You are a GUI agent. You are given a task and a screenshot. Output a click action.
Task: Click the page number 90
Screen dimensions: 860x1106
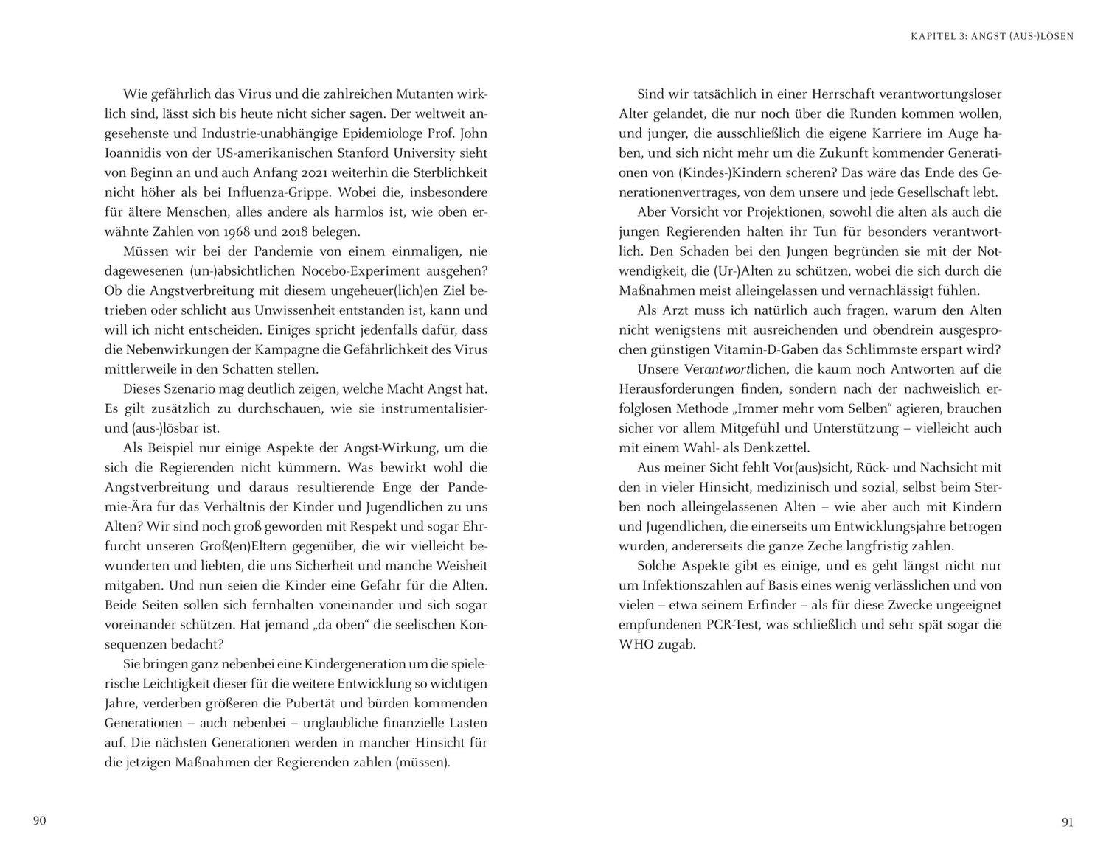pyautogui.click(x=40, y=821)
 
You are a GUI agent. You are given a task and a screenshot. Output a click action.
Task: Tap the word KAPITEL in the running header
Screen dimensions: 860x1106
pyautogui.click(x=934, y=36)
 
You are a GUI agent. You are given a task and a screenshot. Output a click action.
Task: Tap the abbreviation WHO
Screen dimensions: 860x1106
pyautogui.click(x=637, y=644)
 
